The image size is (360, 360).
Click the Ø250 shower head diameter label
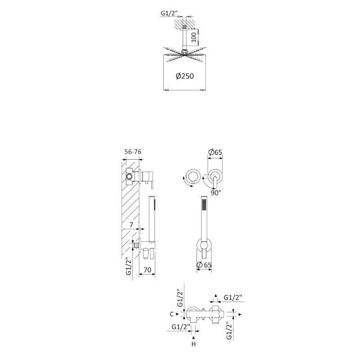coord(185,76)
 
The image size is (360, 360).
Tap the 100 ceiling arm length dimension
coord(193,37)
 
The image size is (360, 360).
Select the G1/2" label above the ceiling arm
coord(169,13)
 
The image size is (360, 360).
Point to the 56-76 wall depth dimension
coord(133,152)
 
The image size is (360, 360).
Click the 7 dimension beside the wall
coord(131,225)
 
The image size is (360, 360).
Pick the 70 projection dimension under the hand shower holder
coord(147,270)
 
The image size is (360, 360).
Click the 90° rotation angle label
coord(216,193)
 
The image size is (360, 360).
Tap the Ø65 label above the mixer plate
coord(215,152)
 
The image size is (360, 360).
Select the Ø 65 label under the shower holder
coord(204,265)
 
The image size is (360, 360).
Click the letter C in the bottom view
coord(172,314)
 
